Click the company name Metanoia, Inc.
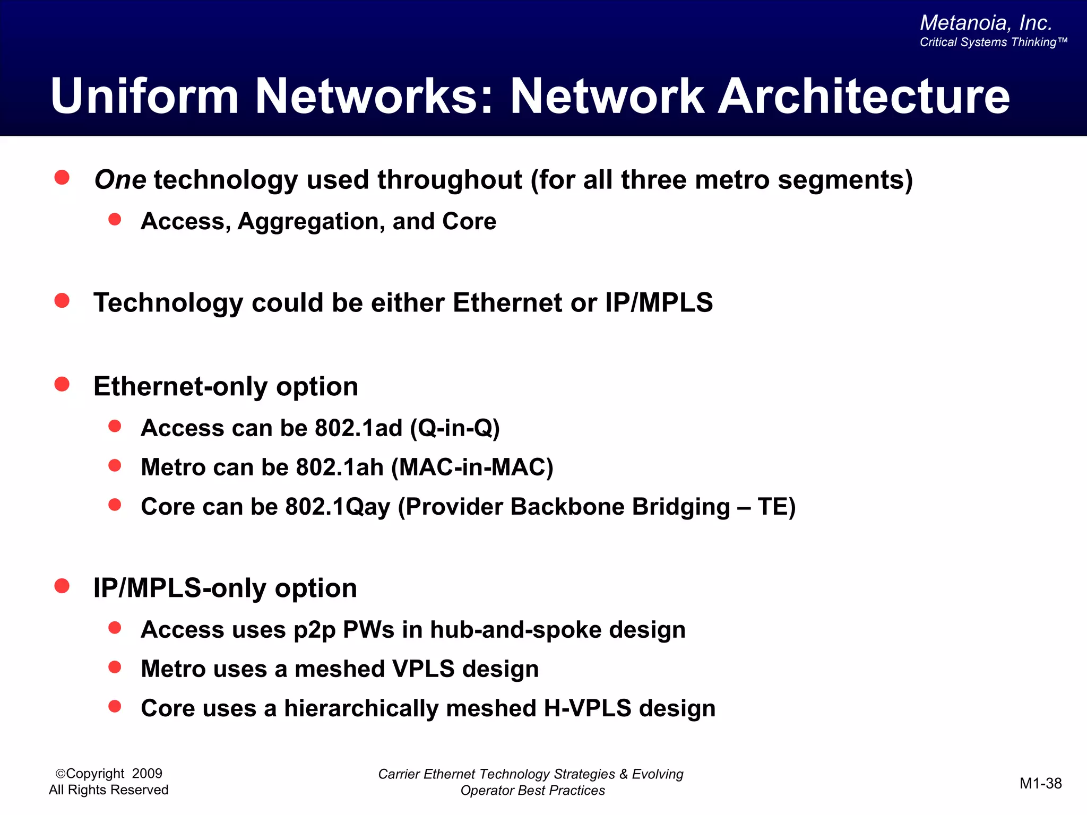(x=986, y=23)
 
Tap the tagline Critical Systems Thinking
(x=993, y=42)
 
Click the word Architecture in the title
(x=864, y=97)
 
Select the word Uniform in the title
(x=144, y=97)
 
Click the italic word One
(x=120, y=180)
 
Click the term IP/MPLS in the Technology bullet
(x=659, y=303)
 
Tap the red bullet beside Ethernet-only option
(x=62, y=384)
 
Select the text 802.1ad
(x=358, y=428)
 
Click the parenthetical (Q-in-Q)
(x=455, y=428)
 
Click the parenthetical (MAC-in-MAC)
(x=472, y=467)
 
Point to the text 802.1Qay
(x=338, y=507)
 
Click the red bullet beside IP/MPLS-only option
(x=62, y=586)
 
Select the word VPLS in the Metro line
(x=423, y=669)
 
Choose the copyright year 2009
(x=147, y=774)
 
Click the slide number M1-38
(x=1040, y=783)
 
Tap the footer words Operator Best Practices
(x=532, y=791)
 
